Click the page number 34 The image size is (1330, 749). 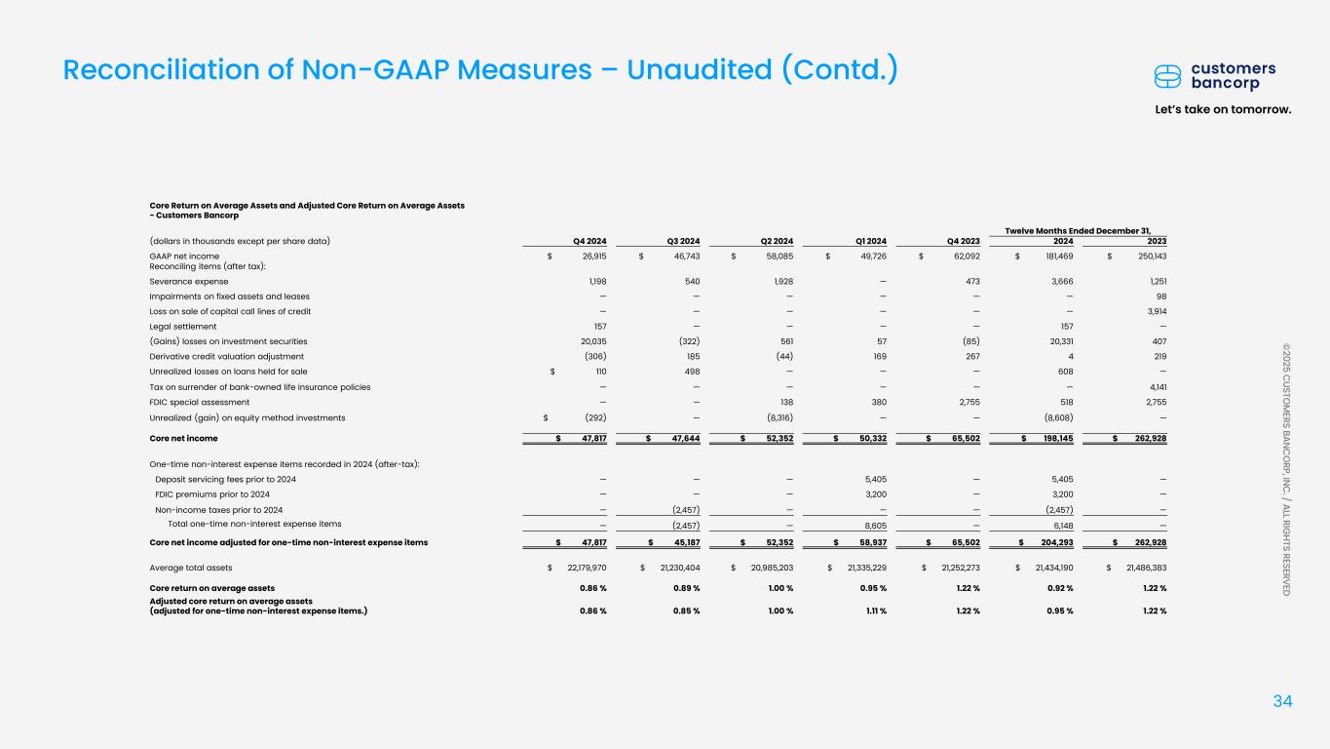tap(1283, 700)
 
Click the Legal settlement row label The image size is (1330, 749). tap(182, 326)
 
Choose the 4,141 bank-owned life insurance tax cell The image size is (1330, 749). tap(1155, 387)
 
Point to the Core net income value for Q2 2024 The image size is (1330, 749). tap(777, 439)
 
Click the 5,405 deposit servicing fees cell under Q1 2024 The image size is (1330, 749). tap(870, 479)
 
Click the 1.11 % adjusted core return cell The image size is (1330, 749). tap(873, 611)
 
